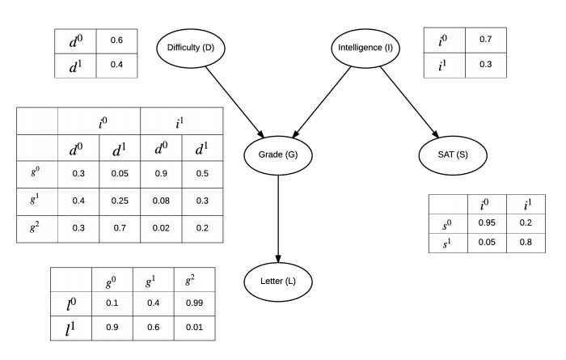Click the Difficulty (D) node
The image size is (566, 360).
pos(191,49)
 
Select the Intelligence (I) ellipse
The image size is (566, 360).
pos(365,49)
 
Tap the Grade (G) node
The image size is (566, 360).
pos(278,155)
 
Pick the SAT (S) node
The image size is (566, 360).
pos(453,155)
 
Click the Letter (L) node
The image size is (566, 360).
pos(278,282)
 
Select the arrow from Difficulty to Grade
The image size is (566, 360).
pos(234,102)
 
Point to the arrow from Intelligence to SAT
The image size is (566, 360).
pos(410,102)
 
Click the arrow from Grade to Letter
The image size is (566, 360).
pos(278,218)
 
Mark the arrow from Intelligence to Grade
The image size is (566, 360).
pos(321,102)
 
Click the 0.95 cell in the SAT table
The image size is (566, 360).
pos(487,222)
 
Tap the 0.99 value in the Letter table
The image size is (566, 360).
pos(194,303)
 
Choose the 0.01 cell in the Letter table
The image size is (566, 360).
pos(194,328)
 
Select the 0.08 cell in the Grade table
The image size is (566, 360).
pos(161,201)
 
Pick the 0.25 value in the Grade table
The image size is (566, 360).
pos(120,201)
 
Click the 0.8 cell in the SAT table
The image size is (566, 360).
pos(526,242)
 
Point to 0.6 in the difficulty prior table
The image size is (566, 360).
pos(116,40)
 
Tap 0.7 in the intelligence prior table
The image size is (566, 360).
pos(485,39)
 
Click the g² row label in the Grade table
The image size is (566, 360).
pos(34,227)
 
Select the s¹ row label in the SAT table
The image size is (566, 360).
pos(447,244)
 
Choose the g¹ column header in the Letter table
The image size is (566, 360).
pos(150,281)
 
